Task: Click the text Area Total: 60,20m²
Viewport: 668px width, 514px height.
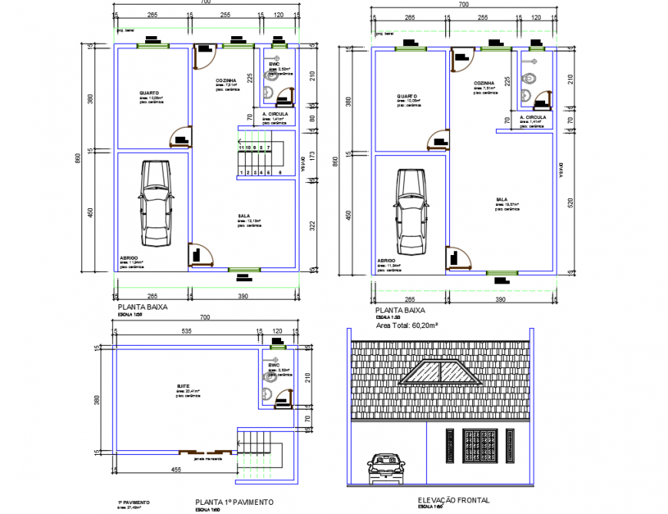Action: (406, 326)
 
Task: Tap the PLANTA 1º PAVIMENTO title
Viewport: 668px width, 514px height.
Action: (233, 502)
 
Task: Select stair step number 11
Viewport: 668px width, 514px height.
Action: (241, 147)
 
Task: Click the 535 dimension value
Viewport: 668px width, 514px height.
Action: (185, 332)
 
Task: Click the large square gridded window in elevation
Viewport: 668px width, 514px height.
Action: (480, 446)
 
